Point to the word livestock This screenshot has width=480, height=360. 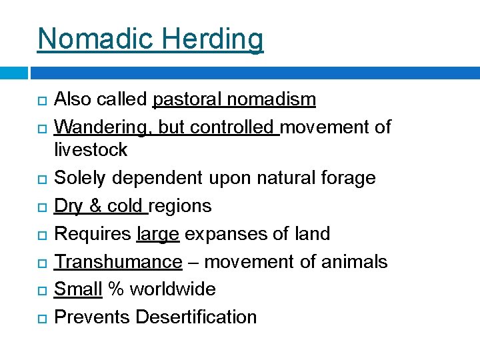[90, 150]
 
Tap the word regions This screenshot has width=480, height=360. [181, 206]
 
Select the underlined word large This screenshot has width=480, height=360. [157, 234]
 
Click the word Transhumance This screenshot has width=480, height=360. [118, 262]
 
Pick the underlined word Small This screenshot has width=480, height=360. [77, 289]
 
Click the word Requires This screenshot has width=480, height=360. [92, 234]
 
